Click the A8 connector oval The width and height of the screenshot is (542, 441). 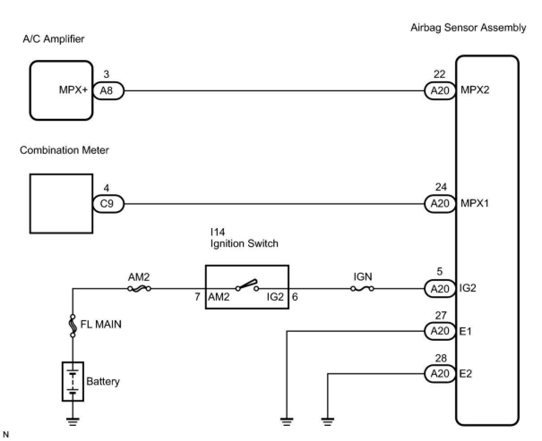tap(108, 91)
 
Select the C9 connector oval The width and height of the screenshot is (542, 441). tap(108, 204)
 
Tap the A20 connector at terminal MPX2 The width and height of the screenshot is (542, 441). tap(440, 91)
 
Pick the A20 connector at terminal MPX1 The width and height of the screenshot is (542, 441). tap(440, 204)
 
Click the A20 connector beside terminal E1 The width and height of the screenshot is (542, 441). tap(440, 331)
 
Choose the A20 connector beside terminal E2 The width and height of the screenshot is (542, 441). tap(440, 373)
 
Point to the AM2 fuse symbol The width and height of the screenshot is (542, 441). tap(139, 289)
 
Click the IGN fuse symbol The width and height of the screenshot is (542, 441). tap(362, 289)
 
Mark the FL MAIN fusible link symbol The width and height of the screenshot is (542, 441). tap(73, 326)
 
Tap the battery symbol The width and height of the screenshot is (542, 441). tap(73, 382)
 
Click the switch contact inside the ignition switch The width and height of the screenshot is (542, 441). tap(247, 285)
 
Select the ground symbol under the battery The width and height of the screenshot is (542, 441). tap(73, 422)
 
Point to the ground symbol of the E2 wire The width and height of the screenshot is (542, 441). tap(327, 422)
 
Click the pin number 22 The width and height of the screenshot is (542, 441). tap(439, 74)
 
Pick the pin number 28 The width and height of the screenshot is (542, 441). tap(441, 358)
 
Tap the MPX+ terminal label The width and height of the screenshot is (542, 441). tap(73, 90)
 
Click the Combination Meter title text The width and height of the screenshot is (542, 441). tap(65, 150)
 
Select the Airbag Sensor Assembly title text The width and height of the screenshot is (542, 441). tap(468, 28)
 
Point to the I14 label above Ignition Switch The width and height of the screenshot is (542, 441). tap(218, 232)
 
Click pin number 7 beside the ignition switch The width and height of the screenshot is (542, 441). tap(198, 297)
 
